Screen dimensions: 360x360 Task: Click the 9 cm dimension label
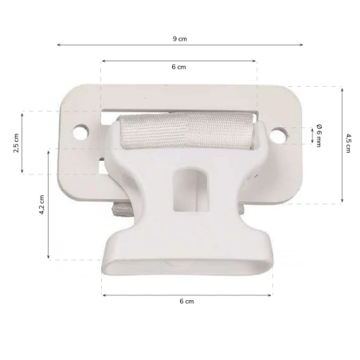pos(180,38)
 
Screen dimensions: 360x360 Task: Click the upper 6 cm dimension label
pos(178,68)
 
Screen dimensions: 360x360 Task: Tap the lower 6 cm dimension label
pos(186,301)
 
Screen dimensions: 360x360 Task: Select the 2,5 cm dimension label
pos(17,145)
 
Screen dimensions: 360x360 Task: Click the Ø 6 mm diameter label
pos(318,135)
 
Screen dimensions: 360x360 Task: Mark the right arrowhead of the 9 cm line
pos(302,45)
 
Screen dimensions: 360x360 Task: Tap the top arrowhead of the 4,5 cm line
pos(342,88)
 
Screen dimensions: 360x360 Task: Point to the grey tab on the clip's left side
pos(119,209)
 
